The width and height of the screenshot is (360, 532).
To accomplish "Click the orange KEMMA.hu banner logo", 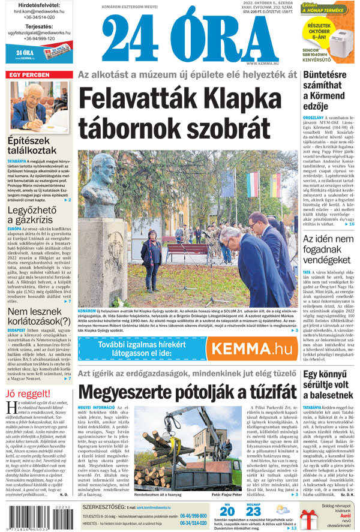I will point(253,348).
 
